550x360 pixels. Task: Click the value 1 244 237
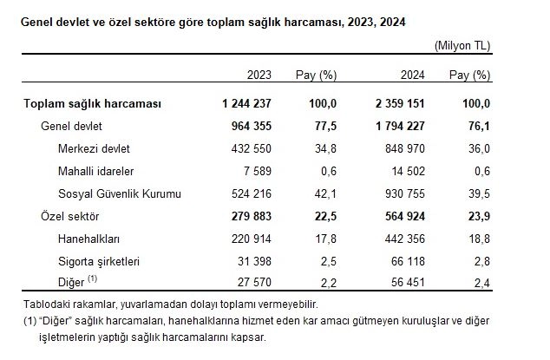248,104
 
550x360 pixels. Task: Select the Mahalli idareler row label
96,170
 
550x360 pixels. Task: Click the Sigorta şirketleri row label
100,259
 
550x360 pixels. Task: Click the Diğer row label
73,281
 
